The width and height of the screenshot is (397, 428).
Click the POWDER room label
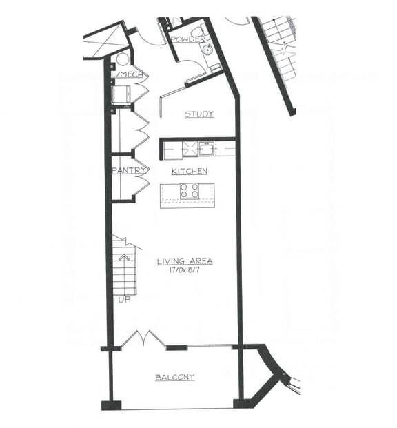[x=187, y=39]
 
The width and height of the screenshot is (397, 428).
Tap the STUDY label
[x=198, y=114]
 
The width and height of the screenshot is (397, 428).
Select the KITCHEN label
[x=190, y=171]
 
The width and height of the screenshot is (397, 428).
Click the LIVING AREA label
[x=184, y=261]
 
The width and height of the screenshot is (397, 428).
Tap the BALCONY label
[x=174, y=378]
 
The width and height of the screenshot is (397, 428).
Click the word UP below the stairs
[x=124, y=300]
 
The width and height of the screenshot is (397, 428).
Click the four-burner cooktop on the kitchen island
[x=190, y=192]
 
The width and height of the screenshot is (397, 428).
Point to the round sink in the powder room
[x=205, y=50]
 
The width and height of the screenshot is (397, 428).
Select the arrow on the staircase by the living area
[x=124, y=258]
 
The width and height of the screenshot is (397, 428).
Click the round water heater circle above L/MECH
[x=123, y=59]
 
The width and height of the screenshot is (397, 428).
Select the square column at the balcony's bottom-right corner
[x=239, y=403]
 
